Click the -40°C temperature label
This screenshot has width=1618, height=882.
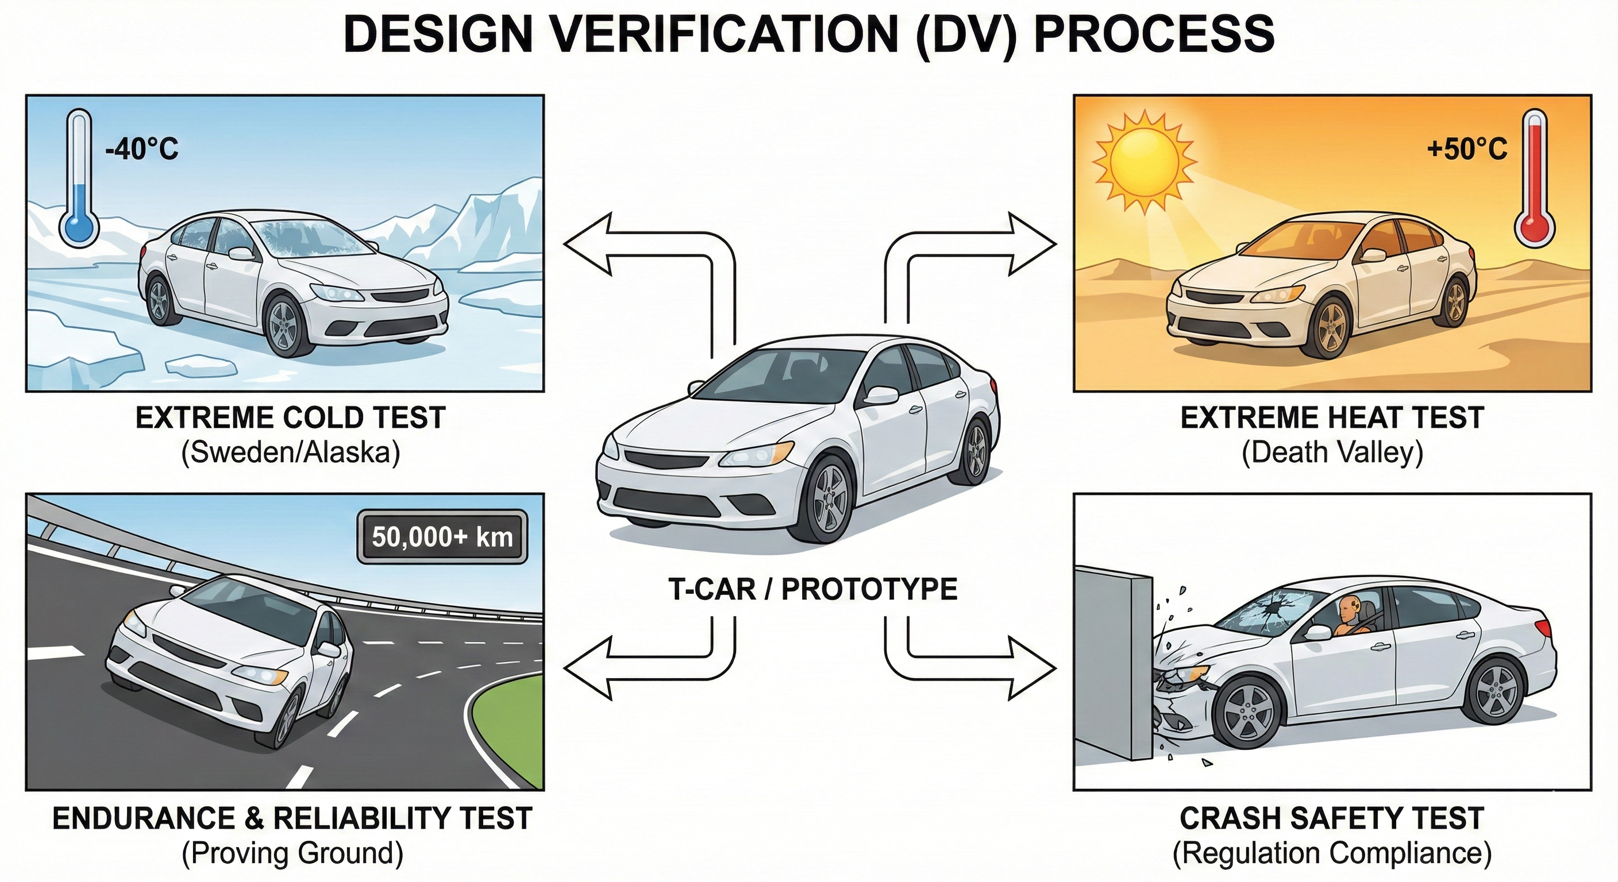pos(142,149)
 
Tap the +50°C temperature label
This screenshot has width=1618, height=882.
pos(1467,149)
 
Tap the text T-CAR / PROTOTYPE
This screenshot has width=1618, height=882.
pos(812,589)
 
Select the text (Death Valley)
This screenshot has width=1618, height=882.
pos(1332,452)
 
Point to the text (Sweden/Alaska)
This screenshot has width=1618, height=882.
pos(290,452)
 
